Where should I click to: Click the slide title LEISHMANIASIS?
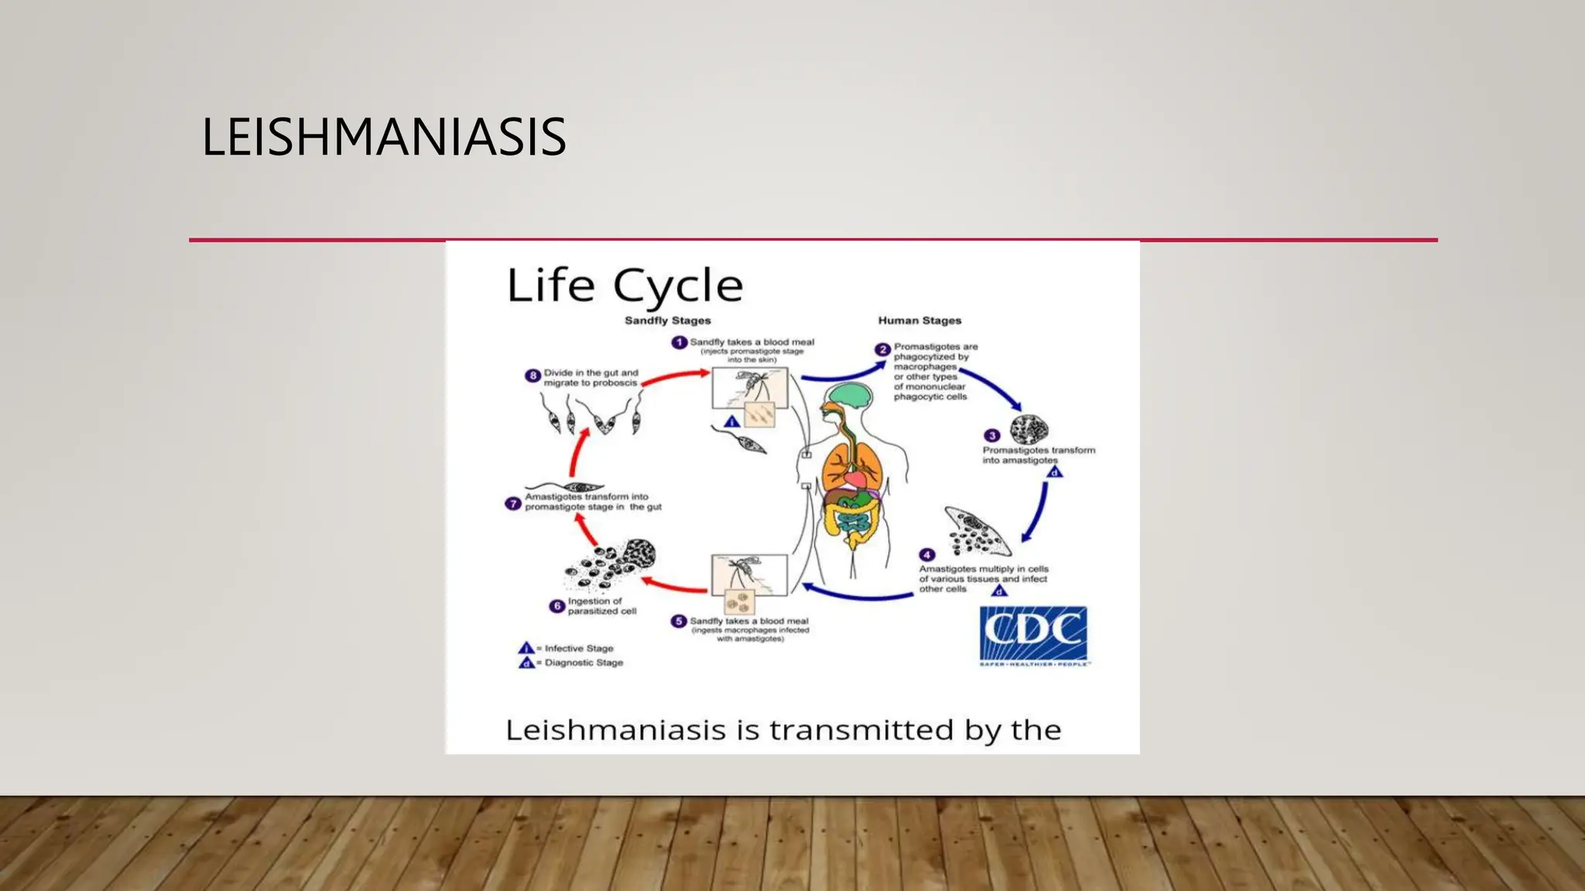pyautogui.click(x=384, y=137)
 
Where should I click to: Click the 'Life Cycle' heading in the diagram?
pyautogui.click(x=625, y=285)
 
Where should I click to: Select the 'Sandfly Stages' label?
pyautogui.click(x=667, y=320)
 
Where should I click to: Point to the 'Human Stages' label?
pyautogui.click(x=919, y=320)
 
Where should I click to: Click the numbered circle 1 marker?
pyautogui.click(x=679, y=342)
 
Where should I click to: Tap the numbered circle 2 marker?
pyautogui.click(x=882, y=349)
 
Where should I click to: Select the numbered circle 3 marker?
pyautogui.click(x=992, y=435)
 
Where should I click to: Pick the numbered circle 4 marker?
pyautogui.click(x=927, y=555)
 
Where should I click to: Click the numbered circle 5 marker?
pyautogui.click(x=679, y=621)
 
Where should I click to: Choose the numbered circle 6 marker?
pyautogui.click(x=556, y=606)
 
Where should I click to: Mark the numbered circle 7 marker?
pyautogui.click(x=512, y=504)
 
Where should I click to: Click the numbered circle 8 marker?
pyautogui.click(x=532, y=376)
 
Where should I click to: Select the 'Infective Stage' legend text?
pyautogui.click(x=579, y=648)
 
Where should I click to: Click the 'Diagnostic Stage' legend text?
pyautogui.click(x=584, y=663)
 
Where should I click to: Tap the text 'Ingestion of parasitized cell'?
pyautogui.click(x=602, y=606)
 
